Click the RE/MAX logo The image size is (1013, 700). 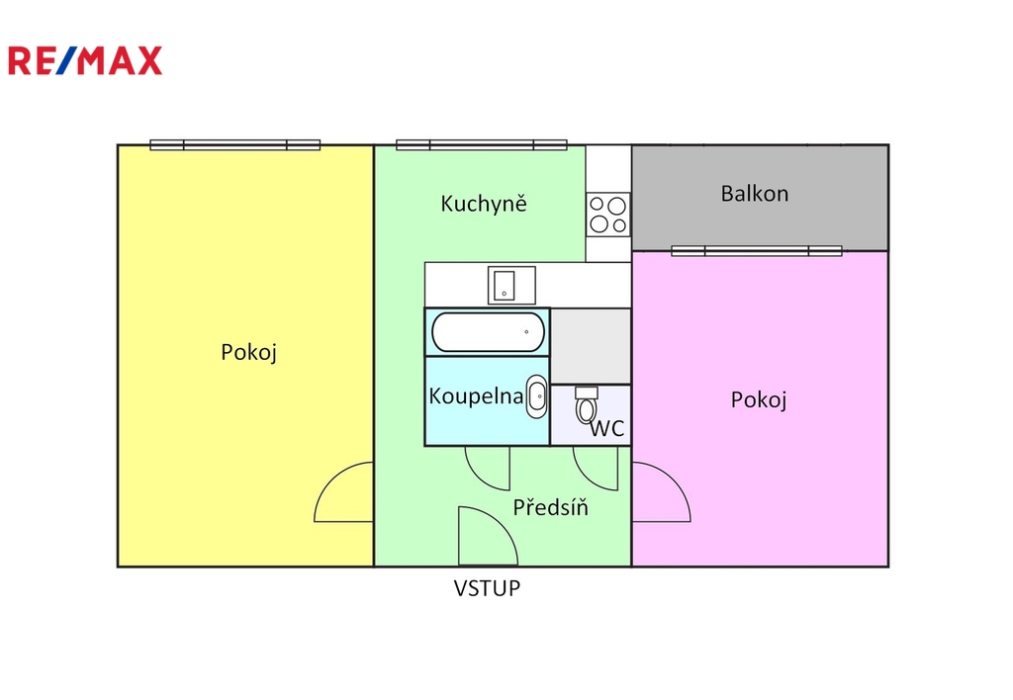pyautogui.click(x=85, y=60)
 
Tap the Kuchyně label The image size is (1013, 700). pyautogui.click(x=484, y=204)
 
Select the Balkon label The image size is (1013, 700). pyautogui.click(x=755, y=194)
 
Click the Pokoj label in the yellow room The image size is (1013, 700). pyautogui.click(x=248, y=353)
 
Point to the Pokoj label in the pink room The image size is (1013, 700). pyautogui.click(x=759, y=400)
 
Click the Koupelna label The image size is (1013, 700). pyautogui.click(x=476, y=395)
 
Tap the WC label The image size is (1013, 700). pyautogui.click(x=607, y=428)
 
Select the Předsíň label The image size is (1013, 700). pyautogui.click(x=550, y=507)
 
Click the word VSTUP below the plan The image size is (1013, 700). pyautogui.click(x=487, y=588)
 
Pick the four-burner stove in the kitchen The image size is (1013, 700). pyautogui.click(x=608, y=215)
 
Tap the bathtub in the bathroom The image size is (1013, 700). pyautogui.click(x=489, y=332)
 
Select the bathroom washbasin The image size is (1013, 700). pyautogui.click(x=537, y=395)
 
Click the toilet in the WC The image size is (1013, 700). pyautogui.click(x=587, y=405)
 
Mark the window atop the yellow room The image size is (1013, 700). pyautogui.click(x=235, y=144)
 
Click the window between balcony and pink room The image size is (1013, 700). pyautogui.click(x=757, y=250)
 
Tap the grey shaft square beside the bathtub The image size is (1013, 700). pyautogui.click(x=591, y=346)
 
